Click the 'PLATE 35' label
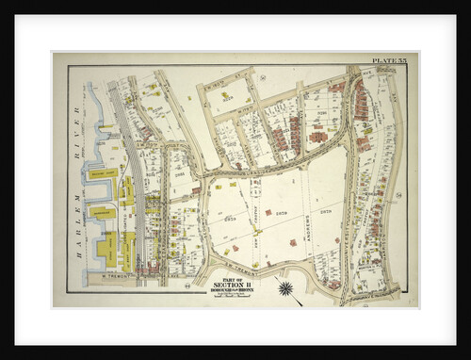[x=389, y=62]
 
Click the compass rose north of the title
[x=284, y=287]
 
